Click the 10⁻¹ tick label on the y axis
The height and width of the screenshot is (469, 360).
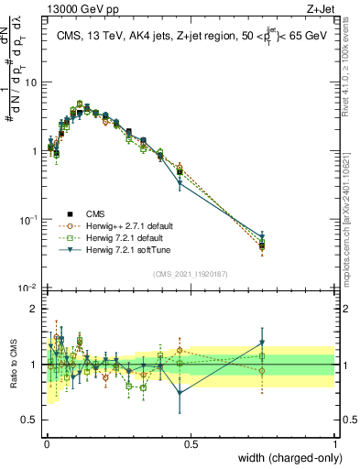[x=28, y=220]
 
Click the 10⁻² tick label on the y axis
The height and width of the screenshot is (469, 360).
[x=28, y=289]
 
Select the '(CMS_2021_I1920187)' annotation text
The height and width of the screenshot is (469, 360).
[x=190, y=274]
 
